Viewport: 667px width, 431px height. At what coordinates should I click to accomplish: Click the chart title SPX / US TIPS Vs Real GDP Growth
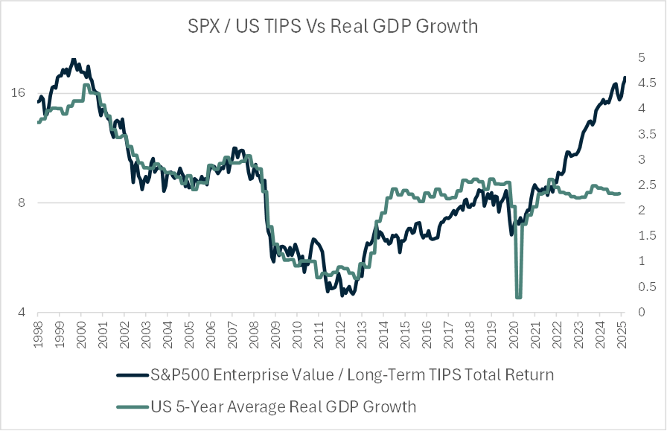click(x=333, y=26)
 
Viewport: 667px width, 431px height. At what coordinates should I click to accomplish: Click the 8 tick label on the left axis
click(x=21, y=202)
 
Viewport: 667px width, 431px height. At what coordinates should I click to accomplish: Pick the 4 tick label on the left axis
click(x=21, y=312)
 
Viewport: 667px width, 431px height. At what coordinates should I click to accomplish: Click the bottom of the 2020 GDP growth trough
click(x=518, y=298)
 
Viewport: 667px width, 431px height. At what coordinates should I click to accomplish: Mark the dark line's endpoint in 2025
click(x=625, y=77)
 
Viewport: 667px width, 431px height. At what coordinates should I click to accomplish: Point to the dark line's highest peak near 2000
click(x=73, y=60)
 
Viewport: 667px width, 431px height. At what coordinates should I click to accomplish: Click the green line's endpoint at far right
click(x=619, y=194)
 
